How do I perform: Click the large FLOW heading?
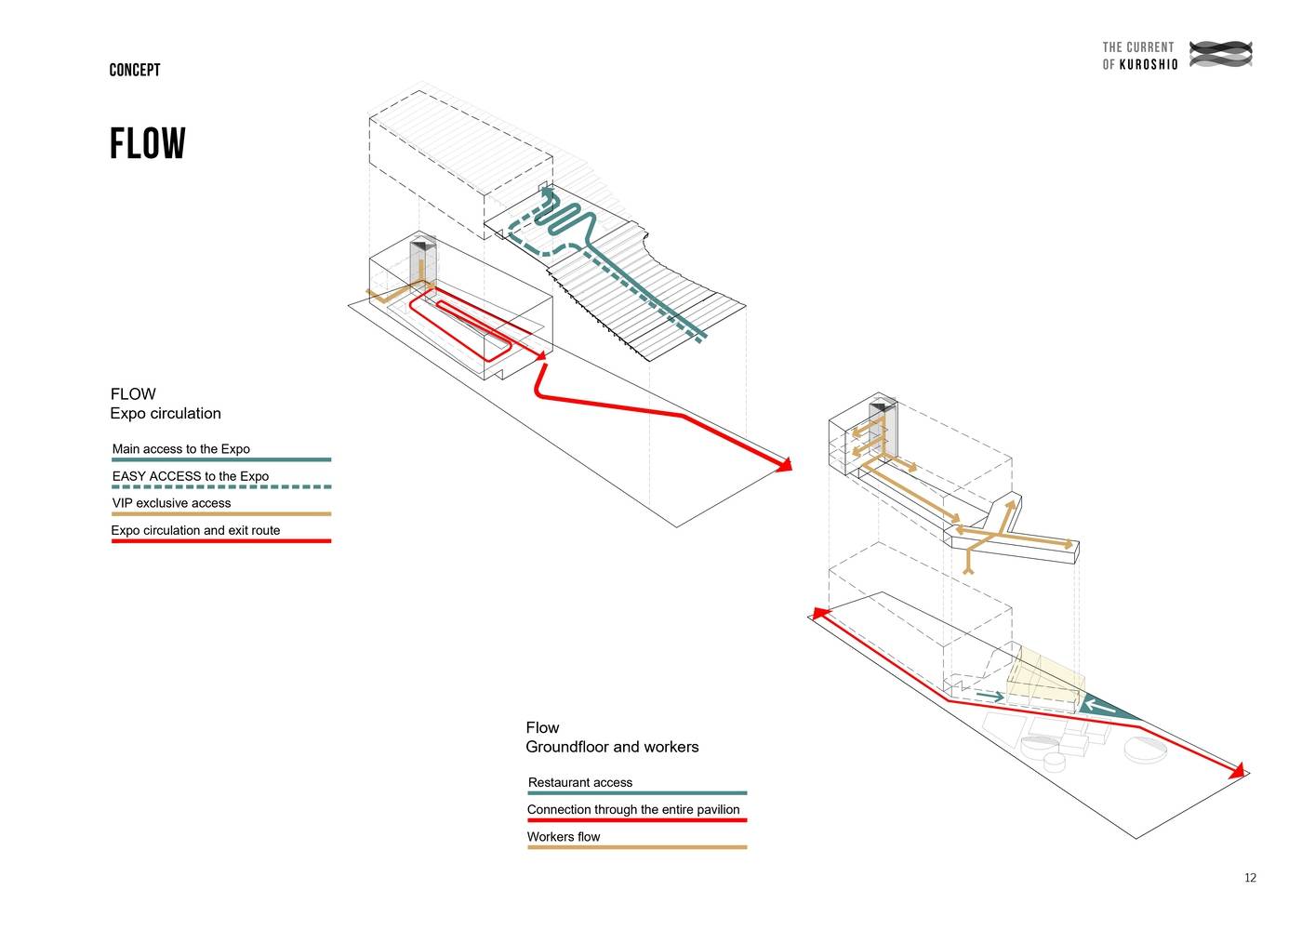click(x=148, y=144)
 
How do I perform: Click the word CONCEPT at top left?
click(x=135, y=70)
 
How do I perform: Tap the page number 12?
click(x=1250, y=878)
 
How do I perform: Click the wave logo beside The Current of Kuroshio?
click(x=1221, y=54)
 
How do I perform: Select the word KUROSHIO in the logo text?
click(x=1149, y=64)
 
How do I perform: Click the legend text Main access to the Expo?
click(x=181, y=449)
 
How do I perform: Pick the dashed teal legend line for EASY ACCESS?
click(x=221, y=486)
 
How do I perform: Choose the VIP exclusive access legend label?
click(x=171, y=503)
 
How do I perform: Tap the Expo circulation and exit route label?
click(x=195, y=530)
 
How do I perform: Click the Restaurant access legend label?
click(x=580, y=783)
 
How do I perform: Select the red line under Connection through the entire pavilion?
click(x=637, y=820)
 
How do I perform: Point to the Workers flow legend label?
click(x=564, y=837)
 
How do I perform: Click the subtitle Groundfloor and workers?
click(x=612, y=747)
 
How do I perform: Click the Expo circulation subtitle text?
click(x=166, y=414)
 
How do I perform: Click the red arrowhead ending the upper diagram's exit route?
click(x=784, y=464)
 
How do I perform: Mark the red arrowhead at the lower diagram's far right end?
click(x=1237, y=771)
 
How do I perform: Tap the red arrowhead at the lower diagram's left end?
click(x=820, y=613)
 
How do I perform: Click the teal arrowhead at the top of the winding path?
click(x=547, y=193)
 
